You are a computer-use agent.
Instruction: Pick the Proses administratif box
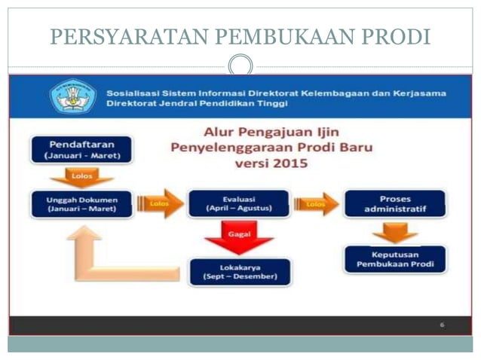pos(395,203)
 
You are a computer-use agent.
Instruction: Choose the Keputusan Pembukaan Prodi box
pos(395,259)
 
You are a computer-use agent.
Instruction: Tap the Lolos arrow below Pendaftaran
pos(81,177)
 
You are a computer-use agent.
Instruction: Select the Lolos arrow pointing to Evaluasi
pos(161,203)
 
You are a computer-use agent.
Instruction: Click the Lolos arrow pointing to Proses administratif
pos(316,203)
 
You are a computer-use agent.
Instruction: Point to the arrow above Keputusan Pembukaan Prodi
pos(395,230)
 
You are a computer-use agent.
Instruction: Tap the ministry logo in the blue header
pos(72,96)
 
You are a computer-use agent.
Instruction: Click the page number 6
pos(442,325)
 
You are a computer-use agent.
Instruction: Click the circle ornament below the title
pos(240,66)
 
